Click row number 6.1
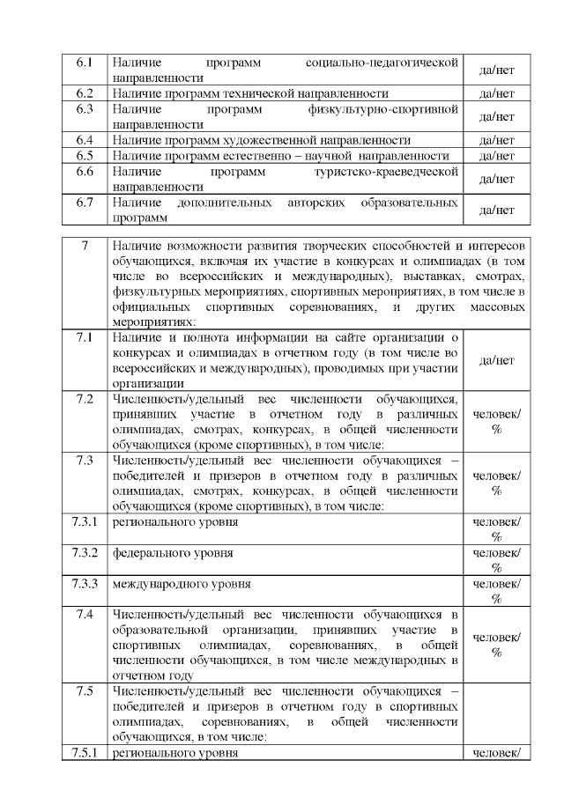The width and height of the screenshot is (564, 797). [x=85, y=63]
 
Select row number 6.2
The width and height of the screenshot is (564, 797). [x=85, y=92]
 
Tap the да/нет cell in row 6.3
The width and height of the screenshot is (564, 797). [x=496, y=116]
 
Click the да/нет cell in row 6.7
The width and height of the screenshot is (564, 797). [x=496, y=210]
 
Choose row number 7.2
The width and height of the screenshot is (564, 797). [x=85, y=399]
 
